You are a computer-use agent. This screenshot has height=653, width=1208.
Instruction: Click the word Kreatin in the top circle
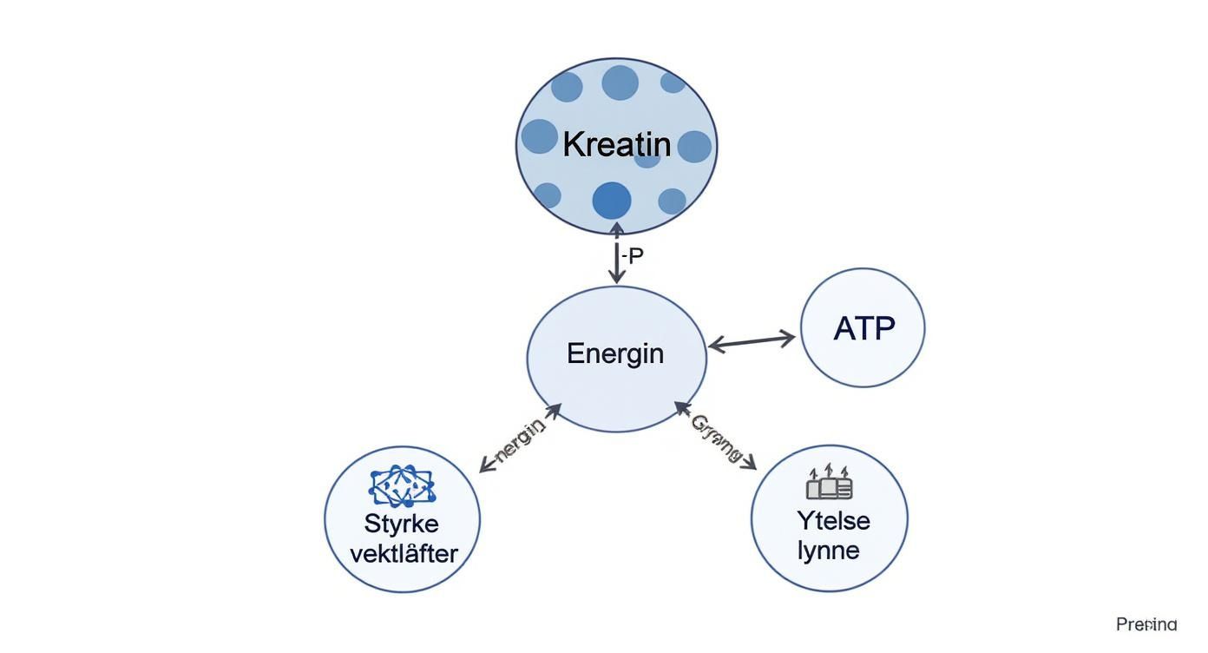click(616, 144)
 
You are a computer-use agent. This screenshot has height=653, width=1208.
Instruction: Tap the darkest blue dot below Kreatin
click(612, 201)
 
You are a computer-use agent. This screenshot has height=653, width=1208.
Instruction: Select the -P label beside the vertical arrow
click(633, 256)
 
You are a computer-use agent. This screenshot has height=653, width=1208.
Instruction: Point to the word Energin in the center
click(615, 353)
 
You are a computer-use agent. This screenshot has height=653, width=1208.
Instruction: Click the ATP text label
click(863, 328)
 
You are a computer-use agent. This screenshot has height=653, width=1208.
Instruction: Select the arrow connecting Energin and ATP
click(752, 341)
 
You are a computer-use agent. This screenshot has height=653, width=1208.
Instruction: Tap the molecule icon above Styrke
click(402, 486)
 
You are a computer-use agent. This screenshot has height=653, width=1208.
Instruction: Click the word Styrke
click(402, 524)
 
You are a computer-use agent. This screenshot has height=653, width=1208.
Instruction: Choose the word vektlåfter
click(403, 553)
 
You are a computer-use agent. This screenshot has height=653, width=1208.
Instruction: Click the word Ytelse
click(832, 520)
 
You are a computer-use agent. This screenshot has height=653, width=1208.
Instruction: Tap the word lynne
click(829, 550)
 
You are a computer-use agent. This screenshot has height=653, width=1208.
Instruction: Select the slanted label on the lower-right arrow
click(716, 438)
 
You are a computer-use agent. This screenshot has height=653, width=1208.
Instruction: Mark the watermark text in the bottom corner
click(1146, 623)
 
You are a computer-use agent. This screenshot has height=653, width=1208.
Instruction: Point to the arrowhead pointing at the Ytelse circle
click(749, 464)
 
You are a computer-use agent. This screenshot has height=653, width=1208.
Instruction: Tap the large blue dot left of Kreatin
click(539, 136)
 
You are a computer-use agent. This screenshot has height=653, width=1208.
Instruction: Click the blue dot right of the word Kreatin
click(694, 147)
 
